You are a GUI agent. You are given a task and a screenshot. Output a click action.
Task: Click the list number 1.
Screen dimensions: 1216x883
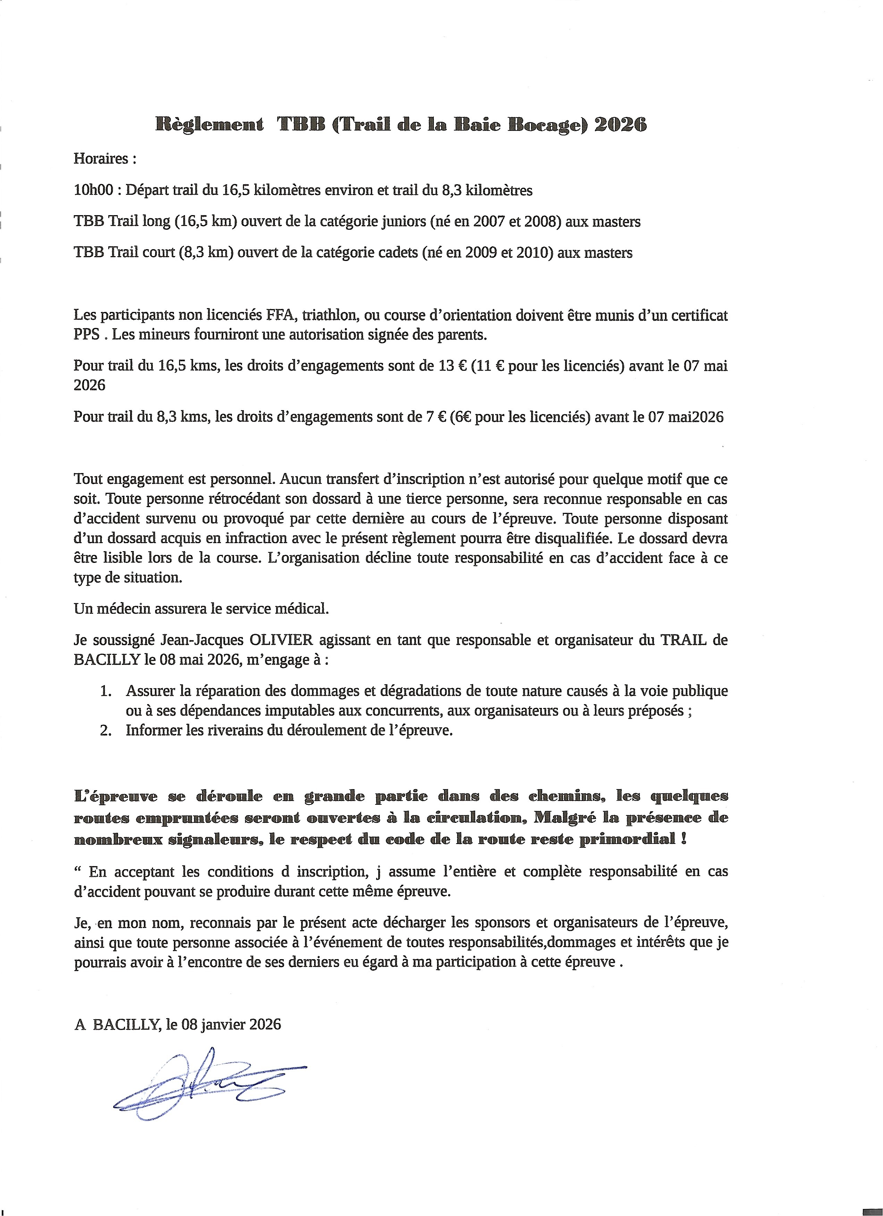106,691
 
